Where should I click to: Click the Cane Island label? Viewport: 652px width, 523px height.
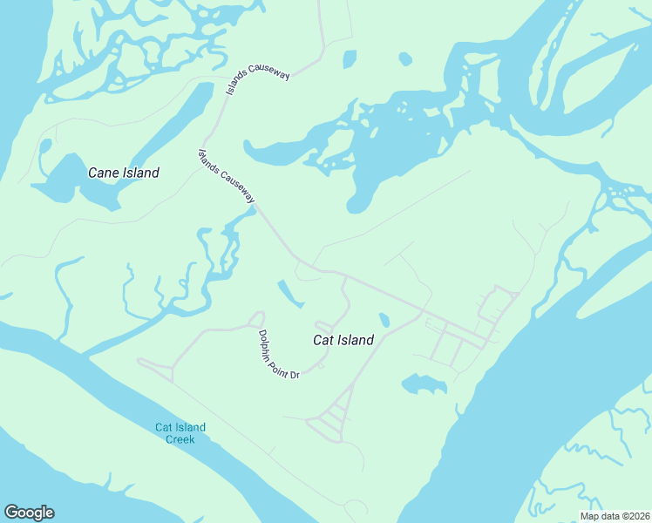[x=124, y=173]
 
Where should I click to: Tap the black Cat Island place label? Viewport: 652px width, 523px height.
[x=343, y=341]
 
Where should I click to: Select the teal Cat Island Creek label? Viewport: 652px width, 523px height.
[x=180, y=433]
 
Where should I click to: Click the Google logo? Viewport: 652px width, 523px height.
[x=29, y=513]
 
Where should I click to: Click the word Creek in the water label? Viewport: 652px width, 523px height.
[x=180, y=439]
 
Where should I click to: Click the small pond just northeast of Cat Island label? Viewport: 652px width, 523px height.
[x=384, y=320]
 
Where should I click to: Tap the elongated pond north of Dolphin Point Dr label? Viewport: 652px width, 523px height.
[x=290, y=294]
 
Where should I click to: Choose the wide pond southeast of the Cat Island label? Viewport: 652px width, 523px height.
[x=424, y=384]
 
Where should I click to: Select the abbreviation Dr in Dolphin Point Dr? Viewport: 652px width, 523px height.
[x=295, y=373]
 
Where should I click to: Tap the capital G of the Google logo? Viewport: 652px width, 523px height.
[x=10, y=513]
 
